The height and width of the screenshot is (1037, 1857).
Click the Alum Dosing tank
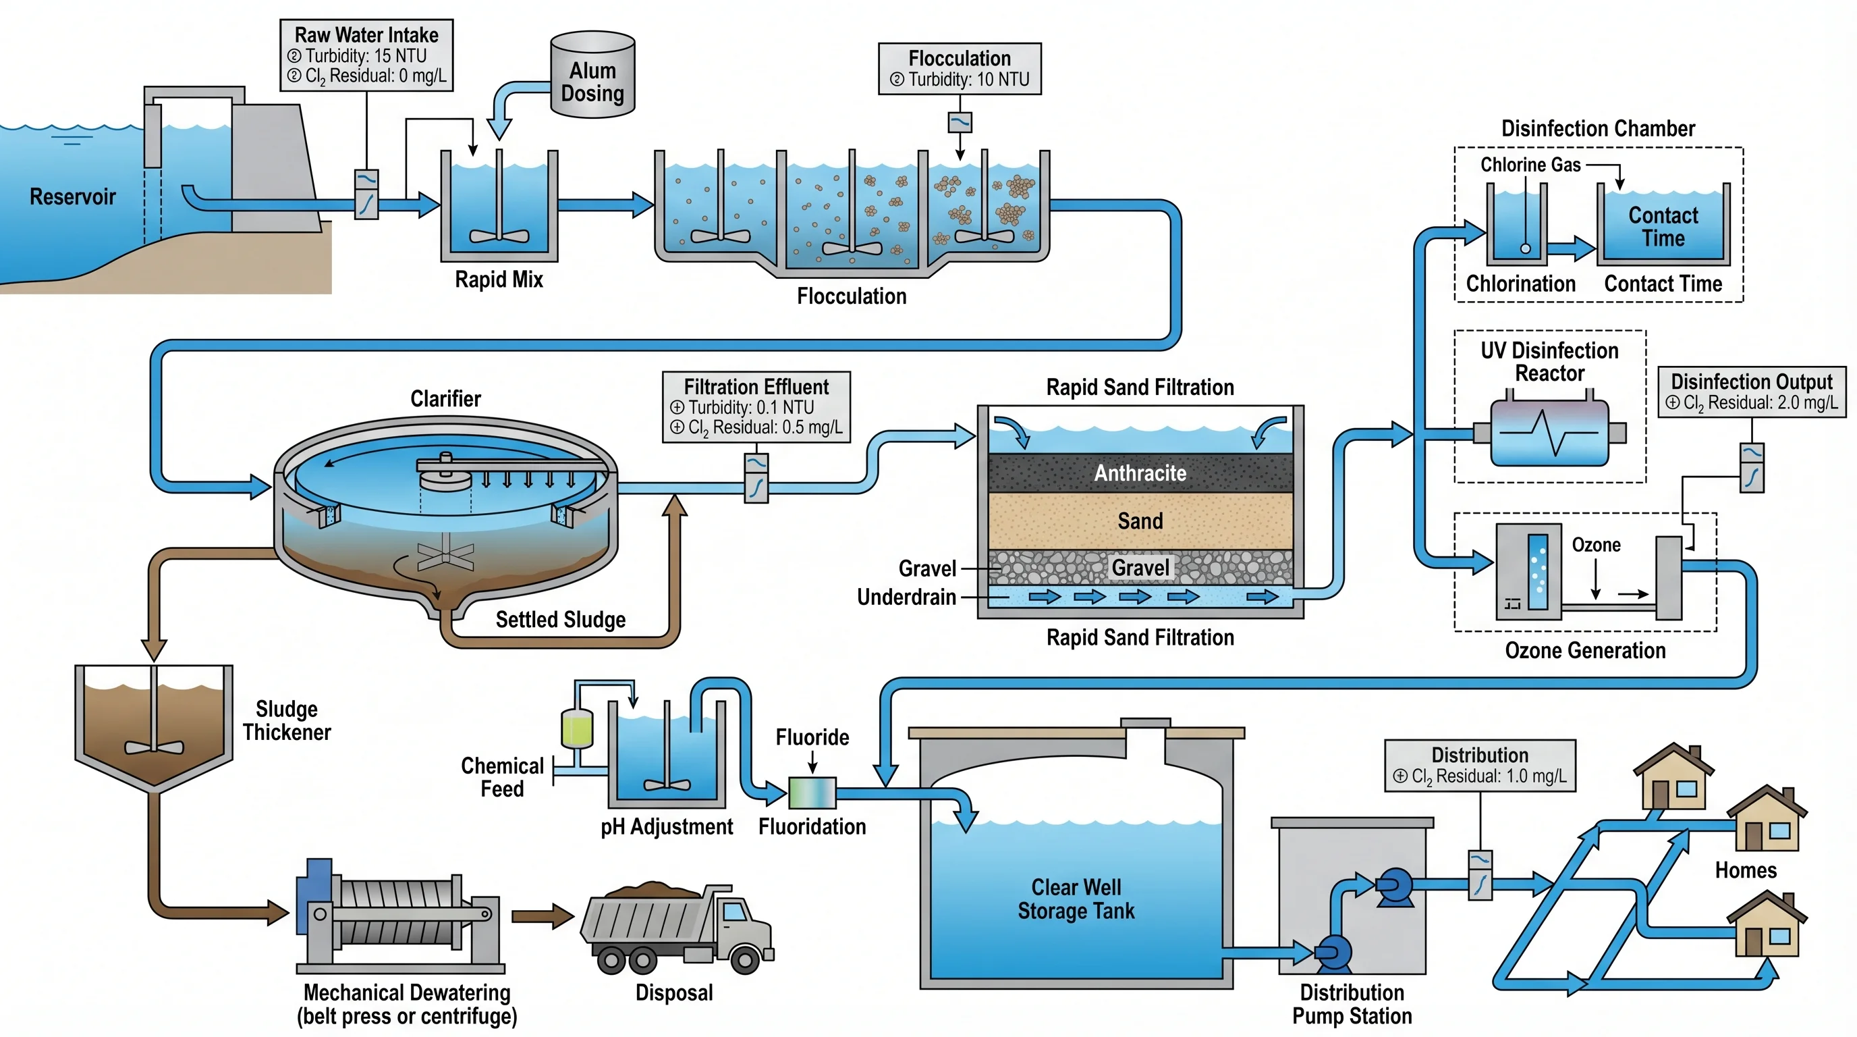592,75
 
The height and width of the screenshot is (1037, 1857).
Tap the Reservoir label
72,196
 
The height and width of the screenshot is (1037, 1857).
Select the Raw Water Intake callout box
366,55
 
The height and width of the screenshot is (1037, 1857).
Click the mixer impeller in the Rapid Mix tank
499,235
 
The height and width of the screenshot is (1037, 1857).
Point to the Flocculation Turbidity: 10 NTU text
968,79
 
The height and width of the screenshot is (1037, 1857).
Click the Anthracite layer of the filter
1140,473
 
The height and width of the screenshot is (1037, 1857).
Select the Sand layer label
1140,521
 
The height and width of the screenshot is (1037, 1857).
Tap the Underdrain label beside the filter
906,597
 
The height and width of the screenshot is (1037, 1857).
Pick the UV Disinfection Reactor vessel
1549,433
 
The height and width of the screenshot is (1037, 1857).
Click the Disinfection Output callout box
1752,392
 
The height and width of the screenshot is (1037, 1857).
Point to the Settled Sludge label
560,620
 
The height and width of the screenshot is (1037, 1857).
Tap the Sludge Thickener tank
154,724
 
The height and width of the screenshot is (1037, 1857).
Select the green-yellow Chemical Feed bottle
577,728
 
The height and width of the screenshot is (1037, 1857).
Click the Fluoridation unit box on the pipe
812,793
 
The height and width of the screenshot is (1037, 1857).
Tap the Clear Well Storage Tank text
1076,899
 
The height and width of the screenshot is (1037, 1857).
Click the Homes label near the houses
1745,870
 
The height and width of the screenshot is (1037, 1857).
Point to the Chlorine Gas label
1530,165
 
